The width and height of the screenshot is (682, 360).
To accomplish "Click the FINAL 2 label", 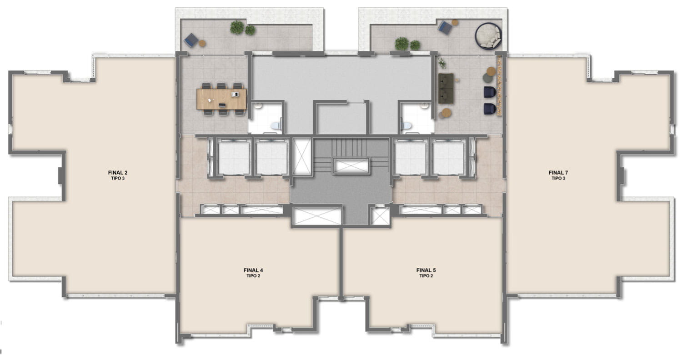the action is coord(117,173).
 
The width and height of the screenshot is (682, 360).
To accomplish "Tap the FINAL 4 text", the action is coord(253,270).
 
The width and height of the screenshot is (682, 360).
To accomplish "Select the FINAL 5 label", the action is coord(426,270).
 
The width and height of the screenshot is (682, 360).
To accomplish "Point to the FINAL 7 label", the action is coord(558,173).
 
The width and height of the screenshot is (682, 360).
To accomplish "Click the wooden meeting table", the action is coord(222,99).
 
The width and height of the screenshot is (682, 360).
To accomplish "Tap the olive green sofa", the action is coord(446,88).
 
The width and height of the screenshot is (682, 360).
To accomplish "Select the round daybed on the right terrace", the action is coord(488,36).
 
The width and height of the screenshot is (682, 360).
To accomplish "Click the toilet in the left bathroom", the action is coord(276,125).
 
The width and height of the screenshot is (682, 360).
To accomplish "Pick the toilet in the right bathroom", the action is coord(406,125).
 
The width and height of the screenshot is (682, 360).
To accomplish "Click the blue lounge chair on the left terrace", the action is coord(191,40).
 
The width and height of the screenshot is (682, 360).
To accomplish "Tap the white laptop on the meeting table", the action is coord(235,94).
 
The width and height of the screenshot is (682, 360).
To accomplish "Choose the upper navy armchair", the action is coord(490,92).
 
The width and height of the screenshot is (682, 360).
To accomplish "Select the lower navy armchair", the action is coord(490,109).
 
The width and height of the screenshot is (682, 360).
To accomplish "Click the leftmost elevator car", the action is coord(234,158).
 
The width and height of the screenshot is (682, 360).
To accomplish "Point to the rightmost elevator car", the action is coord(448,158).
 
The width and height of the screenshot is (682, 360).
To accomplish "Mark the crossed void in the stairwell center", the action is coord(351,166).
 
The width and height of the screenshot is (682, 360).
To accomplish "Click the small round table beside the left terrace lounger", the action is coord(202,44).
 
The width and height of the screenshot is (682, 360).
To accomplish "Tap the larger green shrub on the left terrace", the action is coord(237,27).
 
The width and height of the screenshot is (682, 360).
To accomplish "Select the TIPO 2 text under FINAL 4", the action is coord(253,276).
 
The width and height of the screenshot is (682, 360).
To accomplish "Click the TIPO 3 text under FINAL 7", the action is coord(558,178).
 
